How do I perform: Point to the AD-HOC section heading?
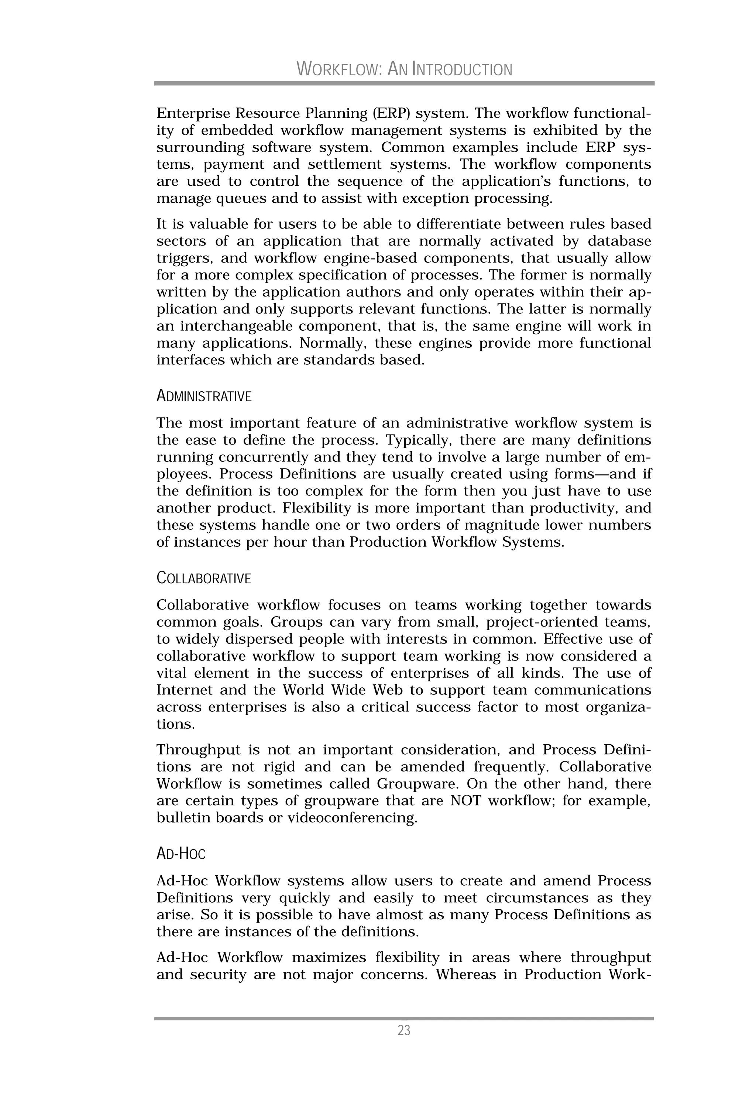coord(181,854)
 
